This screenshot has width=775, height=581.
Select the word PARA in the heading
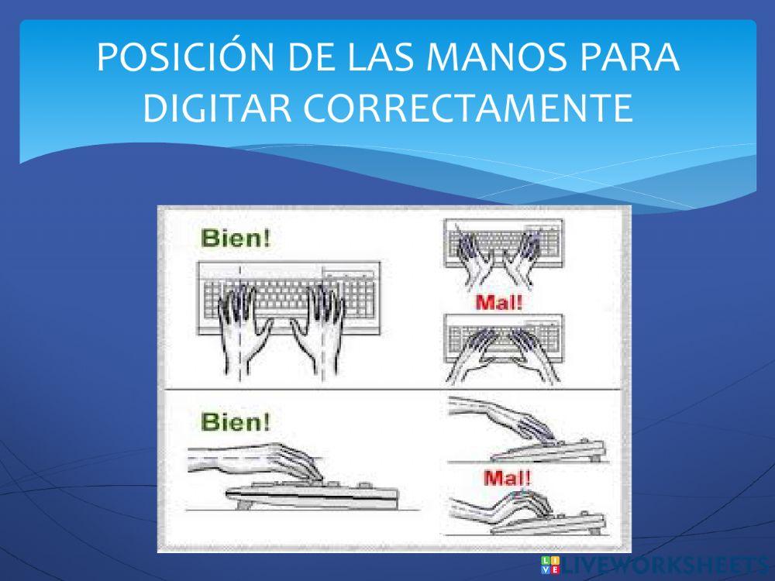point(629,60)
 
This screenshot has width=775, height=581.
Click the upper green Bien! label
point(236,238)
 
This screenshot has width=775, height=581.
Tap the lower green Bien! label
point(236,422)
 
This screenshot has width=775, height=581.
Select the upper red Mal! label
point(499,302)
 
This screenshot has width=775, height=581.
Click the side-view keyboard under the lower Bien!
point(310,494)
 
